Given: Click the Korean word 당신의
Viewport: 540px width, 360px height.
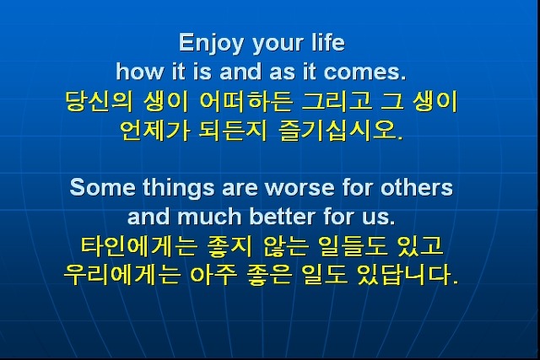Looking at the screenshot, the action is (99, 101).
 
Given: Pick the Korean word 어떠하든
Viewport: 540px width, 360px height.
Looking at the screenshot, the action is (246, 101).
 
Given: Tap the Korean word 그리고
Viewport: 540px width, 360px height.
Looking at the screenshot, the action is (337, 101).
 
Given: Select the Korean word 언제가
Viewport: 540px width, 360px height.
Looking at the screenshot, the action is (154, 131).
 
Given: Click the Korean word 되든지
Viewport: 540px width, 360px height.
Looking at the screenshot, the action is (233, 131).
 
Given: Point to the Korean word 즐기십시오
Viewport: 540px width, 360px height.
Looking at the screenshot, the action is (340, 131).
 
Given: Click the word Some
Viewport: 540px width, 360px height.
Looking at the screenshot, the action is (102, 187).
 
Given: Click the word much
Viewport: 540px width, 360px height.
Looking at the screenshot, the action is (209, 217).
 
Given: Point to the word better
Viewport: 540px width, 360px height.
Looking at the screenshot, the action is (283, 217).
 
